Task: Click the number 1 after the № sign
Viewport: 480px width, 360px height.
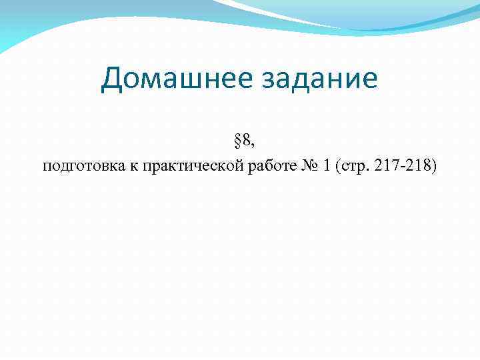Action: pyautogui.click(x=326, y=165)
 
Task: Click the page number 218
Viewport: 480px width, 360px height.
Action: pyautogui.click(x=416, y=165)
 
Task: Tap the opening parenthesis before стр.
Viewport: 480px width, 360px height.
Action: pyautogui.click(x=339, y=166)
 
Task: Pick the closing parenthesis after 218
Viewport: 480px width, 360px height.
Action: pyautogui.click(x=434, y=166)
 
